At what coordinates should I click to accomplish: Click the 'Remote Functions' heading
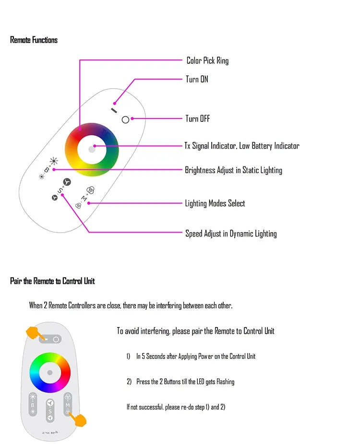coord(34,40)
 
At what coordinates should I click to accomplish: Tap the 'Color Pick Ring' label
coord(207,60)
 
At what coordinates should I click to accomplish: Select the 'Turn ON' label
coord(197,79)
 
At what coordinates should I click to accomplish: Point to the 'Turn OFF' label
coord(198,118)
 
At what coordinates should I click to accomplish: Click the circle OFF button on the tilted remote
coord(125,119)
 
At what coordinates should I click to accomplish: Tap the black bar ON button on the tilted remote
coord(114,110)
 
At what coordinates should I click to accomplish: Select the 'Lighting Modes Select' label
coord(215,203)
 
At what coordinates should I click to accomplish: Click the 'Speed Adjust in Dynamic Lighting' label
coord(231,234)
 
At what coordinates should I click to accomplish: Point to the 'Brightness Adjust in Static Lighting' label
coord(233,170)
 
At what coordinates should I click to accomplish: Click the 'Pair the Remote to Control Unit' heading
coord(52,281)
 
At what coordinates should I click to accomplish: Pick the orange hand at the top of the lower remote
coord(33,332)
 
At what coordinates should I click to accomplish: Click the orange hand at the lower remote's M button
coord(78,420)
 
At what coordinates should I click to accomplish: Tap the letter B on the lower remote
coord(33,405)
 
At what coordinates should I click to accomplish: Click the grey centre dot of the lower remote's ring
coord(50,372)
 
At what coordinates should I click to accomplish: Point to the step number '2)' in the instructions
coord(129,382)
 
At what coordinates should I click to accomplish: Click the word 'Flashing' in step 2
coord(225,382)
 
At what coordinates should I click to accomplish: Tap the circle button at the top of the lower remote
coord(56,339)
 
